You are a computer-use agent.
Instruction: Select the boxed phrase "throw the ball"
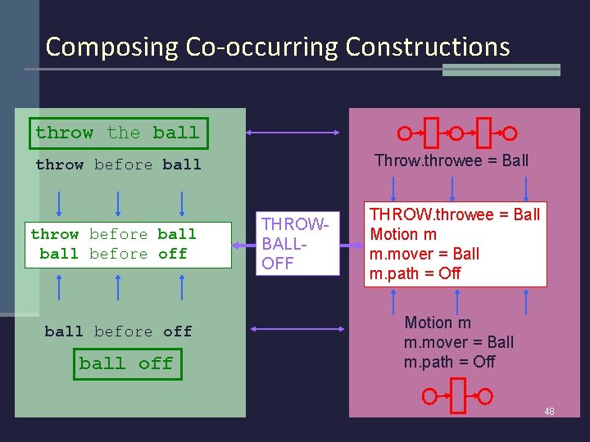click(117, 133)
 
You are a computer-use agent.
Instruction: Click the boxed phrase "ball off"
click(126, 363)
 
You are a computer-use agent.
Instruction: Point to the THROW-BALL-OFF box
click(297, 244)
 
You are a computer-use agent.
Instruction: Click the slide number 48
click(549, 411)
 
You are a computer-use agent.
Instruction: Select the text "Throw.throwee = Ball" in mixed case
click(452, 160)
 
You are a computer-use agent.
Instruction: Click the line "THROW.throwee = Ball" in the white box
click(455, 214)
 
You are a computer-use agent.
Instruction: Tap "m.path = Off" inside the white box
click(415, 273)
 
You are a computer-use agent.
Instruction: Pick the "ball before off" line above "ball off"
click(118, 331)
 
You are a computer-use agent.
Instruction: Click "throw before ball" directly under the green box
click(118, 165)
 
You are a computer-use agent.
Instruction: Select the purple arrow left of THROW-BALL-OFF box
click(242, 244)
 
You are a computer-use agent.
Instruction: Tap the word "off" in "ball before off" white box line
click(173, 254)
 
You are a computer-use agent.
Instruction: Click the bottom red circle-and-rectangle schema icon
click(456, 397)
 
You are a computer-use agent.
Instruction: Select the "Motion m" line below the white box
click(438, 322)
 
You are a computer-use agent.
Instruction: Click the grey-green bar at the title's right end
click(501, 70)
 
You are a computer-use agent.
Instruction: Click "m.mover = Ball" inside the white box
click(424, 254)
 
